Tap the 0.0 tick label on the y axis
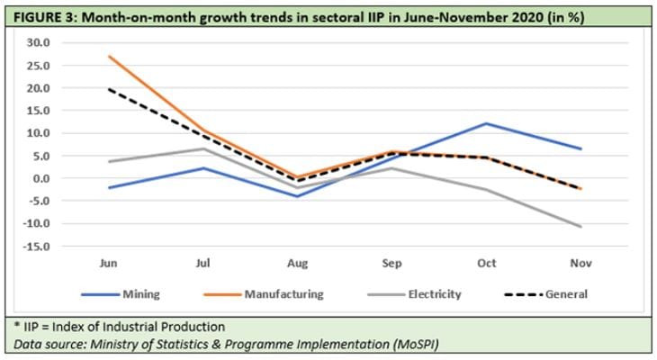pos(40,178)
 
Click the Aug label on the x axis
pos(298,264)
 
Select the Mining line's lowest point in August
pos(298,196)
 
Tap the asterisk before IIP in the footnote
pos(16,326)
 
